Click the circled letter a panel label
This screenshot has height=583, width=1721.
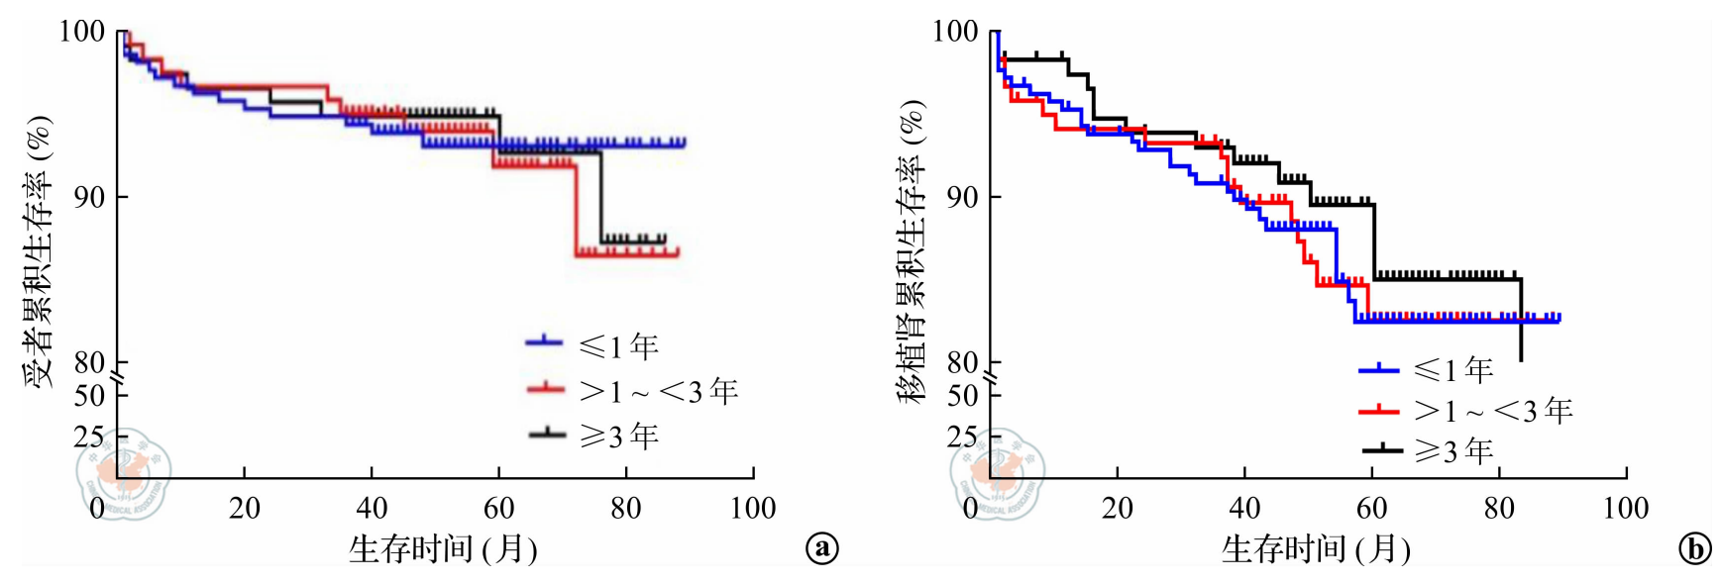pos(822,547)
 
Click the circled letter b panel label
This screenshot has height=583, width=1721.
pos(1694,548)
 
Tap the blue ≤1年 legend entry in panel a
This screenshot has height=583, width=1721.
pos(592,344)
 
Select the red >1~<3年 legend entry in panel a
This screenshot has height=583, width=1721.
pos(632,390)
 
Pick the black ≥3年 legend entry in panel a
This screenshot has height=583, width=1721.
pos(592,435)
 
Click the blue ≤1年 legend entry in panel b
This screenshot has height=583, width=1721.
pos(1427,369)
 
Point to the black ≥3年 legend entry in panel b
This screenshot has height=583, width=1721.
pos(1427,450)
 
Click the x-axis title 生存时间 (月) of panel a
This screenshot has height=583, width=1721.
pos(442,548)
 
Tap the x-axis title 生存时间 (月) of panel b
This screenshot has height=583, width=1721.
pos(1315,548)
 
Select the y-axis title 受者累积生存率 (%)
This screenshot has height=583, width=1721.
pos(38,251)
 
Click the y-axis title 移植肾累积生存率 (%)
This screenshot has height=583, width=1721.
pos(911,251)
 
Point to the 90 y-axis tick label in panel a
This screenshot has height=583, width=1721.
pos(88,197)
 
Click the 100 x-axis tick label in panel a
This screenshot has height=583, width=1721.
pos(752,508)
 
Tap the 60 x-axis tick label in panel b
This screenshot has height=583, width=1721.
pos(1371,508)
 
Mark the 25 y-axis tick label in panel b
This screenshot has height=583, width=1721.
pos(961,436)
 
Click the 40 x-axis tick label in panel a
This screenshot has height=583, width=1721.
pos(372,508)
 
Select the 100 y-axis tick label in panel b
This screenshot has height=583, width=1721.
pos(955,31)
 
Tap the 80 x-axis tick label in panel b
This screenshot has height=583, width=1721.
pos(1498,508)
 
